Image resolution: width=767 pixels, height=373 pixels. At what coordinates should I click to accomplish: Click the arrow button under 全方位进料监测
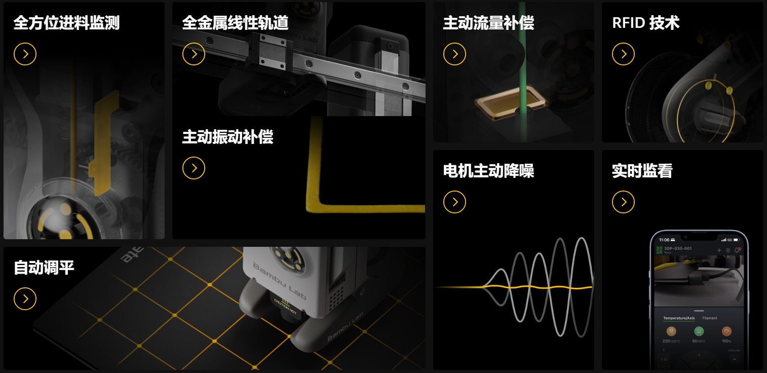25,54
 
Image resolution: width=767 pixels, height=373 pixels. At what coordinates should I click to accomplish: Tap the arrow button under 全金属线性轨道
194,54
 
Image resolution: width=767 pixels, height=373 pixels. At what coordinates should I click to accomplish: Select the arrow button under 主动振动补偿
194,168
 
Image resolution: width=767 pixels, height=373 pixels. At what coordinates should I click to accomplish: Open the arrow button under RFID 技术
623,54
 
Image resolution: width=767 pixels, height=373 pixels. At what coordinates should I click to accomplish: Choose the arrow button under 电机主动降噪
454,202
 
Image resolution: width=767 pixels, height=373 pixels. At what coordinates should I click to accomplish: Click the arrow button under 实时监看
623,202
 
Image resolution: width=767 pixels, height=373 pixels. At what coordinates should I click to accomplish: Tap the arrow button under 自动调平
25,299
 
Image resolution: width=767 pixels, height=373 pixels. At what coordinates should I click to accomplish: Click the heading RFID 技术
645,23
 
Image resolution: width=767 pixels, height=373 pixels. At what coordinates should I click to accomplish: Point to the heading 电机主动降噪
488,171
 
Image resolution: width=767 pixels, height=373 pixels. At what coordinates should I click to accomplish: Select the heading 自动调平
44,267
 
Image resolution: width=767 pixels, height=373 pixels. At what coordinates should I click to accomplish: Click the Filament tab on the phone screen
710,318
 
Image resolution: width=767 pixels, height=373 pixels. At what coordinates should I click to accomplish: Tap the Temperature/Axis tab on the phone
679,318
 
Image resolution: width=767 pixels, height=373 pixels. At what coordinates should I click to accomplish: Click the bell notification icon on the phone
737,250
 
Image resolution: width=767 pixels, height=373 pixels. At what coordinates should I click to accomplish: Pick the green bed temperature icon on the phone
699,331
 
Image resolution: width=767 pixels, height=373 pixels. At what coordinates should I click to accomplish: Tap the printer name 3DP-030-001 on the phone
678,248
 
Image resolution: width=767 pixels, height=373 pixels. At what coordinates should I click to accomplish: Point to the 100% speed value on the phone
727,341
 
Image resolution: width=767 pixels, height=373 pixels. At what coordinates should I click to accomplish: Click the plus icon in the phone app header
719,250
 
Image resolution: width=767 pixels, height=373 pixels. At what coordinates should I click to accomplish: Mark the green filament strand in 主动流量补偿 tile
522,61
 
